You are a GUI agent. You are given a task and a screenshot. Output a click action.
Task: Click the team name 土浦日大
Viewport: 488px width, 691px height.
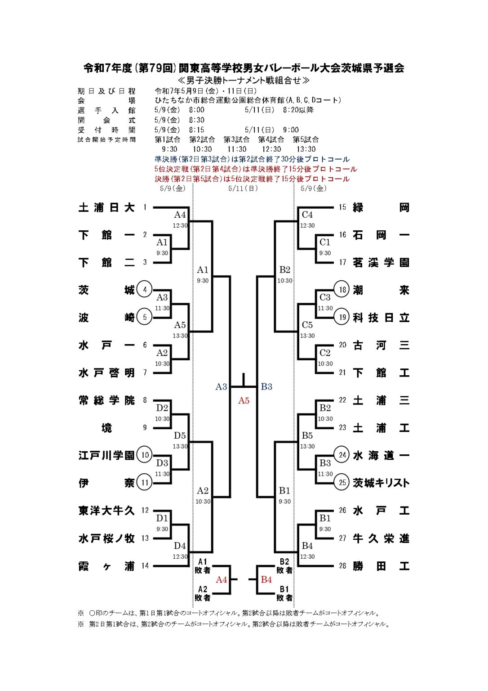(106, 207)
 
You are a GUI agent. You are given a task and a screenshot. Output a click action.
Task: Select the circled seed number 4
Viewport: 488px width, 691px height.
(145, 289)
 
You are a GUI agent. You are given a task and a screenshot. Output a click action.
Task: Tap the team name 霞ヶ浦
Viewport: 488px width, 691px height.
(106, 566)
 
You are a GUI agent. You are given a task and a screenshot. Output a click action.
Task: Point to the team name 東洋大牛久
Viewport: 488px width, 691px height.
(106, 511)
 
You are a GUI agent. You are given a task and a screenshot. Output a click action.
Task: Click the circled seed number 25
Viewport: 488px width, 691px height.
(342, 483)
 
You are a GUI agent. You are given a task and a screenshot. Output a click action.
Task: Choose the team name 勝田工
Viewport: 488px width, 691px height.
(381, 566)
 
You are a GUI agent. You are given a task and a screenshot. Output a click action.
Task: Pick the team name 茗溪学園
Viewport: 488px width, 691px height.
(381, 263)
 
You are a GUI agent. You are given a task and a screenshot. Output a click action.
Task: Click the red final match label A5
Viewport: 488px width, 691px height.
(244, 400)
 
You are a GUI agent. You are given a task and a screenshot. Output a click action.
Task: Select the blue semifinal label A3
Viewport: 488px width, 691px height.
(221, 386)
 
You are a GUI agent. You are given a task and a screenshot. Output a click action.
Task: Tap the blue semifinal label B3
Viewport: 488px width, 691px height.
(266, 386)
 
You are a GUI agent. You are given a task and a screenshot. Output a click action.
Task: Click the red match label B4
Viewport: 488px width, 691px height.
(266, 579)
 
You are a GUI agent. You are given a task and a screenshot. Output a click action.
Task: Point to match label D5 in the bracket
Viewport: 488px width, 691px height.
(180, 435)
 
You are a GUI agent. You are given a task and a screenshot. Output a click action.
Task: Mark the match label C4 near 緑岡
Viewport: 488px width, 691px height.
(307, 215)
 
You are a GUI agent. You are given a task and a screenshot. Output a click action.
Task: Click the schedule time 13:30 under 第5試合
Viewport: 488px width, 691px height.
(306, 149)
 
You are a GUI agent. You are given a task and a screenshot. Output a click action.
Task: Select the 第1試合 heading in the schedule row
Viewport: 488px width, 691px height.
(168, 139)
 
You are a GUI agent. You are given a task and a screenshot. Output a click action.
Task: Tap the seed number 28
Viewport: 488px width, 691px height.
(342, 566)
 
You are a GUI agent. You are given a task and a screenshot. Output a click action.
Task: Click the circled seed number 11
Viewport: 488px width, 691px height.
(145, 483)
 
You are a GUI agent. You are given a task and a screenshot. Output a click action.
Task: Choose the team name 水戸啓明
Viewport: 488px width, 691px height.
(106, 373)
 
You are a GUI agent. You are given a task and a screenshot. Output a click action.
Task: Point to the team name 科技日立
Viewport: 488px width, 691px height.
(381, 318)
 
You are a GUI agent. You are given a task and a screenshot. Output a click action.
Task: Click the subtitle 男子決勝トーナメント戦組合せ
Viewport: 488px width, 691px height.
(244, 81)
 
